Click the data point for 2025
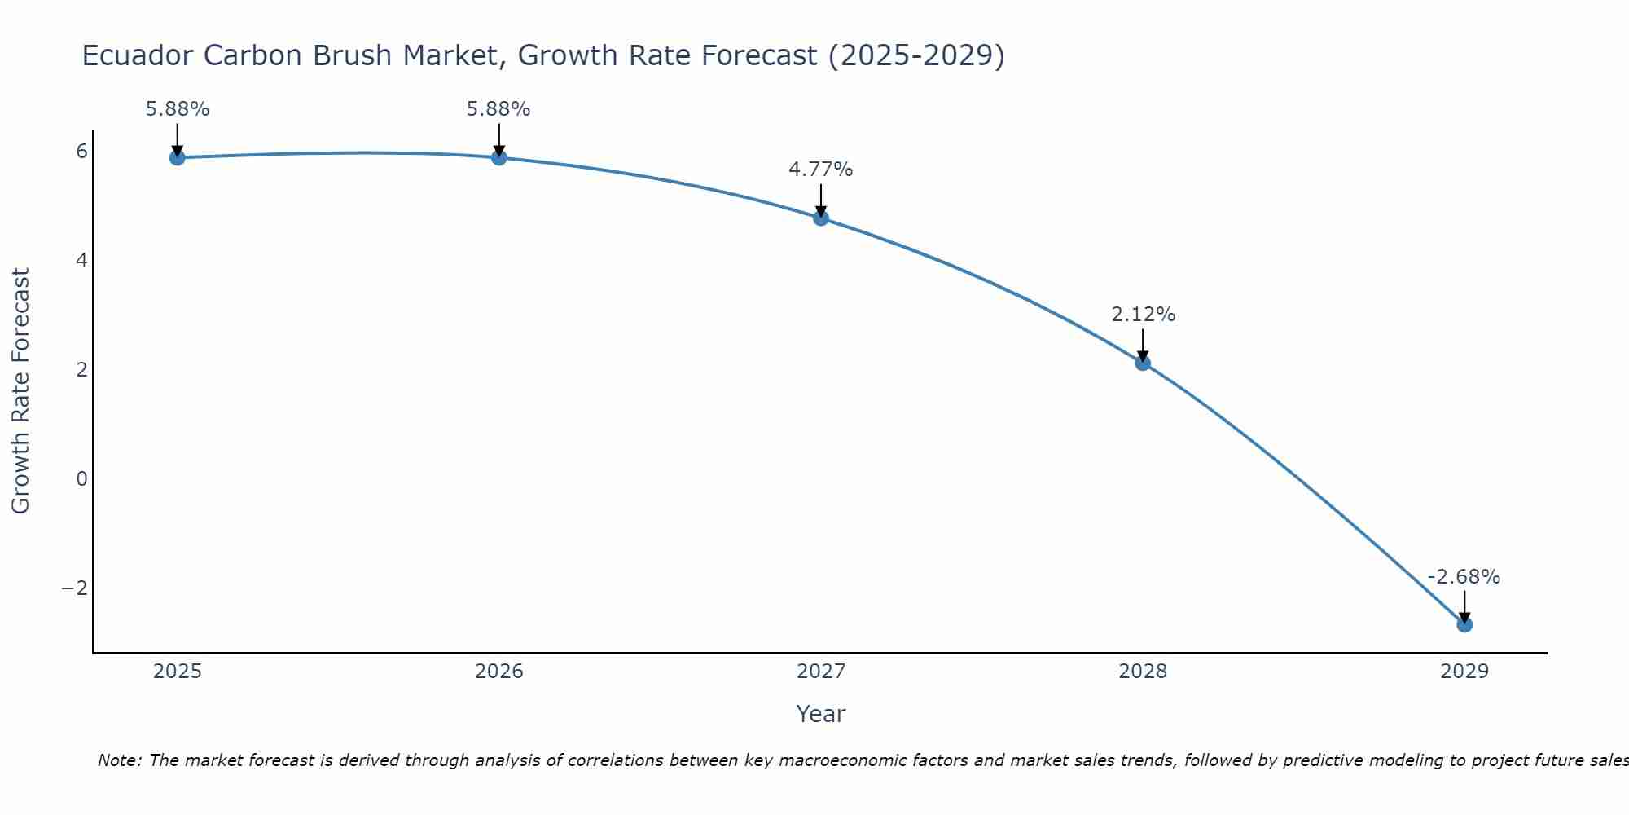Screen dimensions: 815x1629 point(178,157)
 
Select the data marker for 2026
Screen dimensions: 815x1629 point(499,157)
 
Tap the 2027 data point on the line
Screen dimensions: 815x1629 point(821,218)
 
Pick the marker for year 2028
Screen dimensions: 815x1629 point(1143,363)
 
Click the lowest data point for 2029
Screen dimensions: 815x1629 point(1464,624)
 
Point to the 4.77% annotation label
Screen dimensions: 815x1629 point(821,170)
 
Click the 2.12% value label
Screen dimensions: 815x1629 point(1143,315)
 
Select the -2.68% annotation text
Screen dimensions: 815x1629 point(1464,577)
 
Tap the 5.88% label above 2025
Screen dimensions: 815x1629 point(178,109)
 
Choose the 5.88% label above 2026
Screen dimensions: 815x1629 point(498,109)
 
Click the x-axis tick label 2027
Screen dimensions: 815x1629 point(821,672)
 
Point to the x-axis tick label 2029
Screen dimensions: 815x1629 point(1464,672)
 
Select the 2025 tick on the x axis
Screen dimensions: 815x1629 point(178,672)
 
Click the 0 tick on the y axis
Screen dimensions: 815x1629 point(81,479)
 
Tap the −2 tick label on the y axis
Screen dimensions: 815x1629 point(75,588)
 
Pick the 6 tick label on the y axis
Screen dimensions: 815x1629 point(81,152)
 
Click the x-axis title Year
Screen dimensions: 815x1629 point(821,714)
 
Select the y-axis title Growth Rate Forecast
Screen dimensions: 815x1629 point(20,391)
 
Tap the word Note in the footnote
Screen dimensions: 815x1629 point(120,760)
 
